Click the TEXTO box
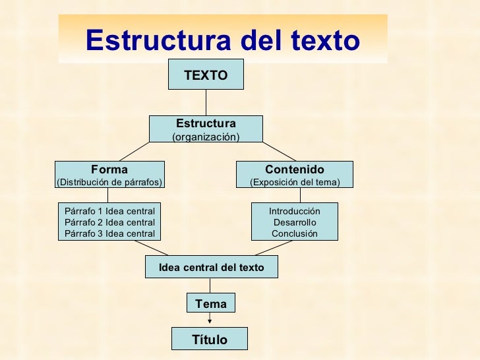tap(206, 75)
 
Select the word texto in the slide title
tap(323, 41)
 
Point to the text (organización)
tap(206, 136)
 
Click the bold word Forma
tap(109, 169)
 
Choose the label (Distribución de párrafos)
tap(109, 182)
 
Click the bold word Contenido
tap(294, 169)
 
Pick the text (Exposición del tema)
tap(294, 182)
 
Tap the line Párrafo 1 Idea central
tap(110, 211)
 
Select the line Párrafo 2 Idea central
tap(110, 222)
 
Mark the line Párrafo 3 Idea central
tap(110, 233)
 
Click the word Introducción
tap(294, 211)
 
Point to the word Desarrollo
tap(294, 222)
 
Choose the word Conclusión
tap(294, 233)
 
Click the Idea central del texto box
tap(211, 267)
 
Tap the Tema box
tap(210, 303)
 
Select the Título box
tap(209, 340)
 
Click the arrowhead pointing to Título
tap(210, 322)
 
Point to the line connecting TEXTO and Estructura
tap(206, 102)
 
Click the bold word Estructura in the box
tap(206, 124)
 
